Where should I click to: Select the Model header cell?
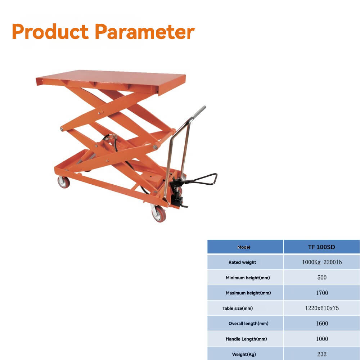(244, 247)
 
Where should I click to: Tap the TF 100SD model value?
(321, 247)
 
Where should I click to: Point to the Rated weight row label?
(242, 262)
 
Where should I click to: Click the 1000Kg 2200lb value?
(321, 262)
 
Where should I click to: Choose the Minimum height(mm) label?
(248, 278)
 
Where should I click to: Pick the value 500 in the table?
(322, 278)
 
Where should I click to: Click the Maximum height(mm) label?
(248, 293)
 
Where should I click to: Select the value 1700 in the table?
(322, 293)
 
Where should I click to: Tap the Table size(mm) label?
(238, 309)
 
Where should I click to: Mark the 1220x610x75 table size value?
(322, 308)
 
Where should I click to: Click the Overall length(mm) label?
(248, 324)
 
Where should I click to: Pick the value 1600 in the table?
(322, 324)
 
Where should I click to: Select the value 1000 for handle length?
(322, 339)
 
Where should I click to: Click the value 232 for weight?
(322, 354)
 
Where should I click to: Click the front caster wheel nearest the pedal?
(159, 213)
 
